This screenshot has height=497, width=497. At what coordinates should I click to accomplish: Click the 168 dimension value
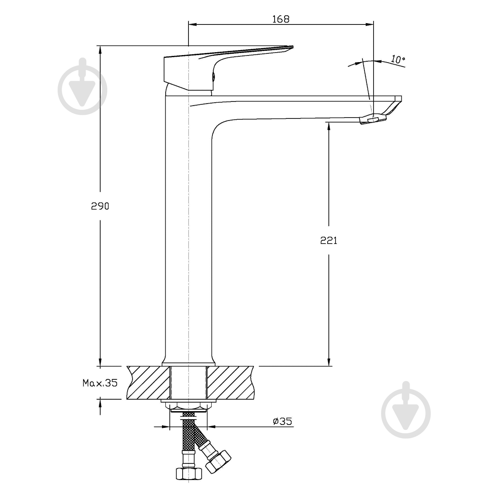[x=281, y=19]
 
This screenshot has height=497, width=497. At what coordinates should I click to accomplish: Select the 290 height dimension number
[x=100, y=206]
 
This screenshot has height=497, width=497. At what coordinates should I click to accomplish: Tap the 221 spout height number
[x=328, y=240]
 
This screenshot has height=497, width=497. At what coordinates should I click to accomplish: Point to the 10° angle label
[x=398, y=59]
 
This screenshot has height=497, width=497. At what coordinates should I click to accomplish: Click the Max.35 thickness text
[x=100, y=383]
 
